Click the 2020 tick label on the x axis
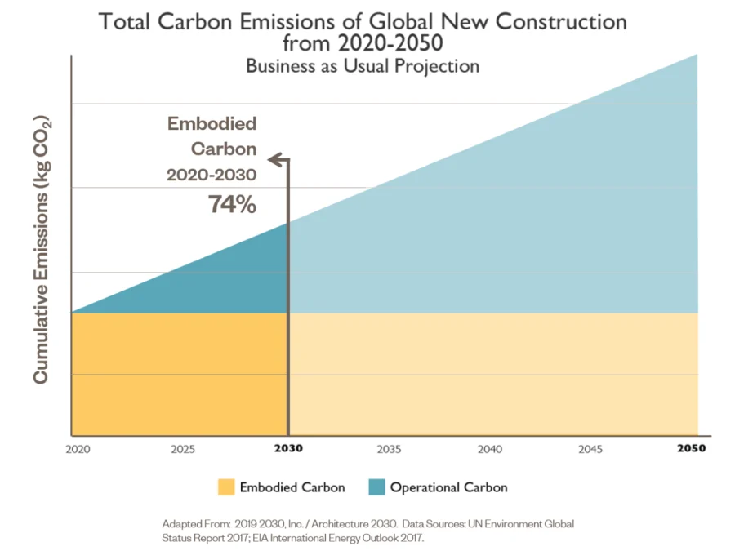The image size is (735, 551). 78,449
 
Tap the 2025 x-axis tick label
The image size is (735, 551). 183,449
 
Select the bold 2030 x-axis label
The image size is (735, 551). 288,449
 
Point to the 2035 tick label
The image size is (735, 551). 389,449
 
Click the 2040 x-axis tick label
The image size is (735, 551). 490,449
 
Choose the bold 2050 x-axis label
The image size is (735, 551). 692,449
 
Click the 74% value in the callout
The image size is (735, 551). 232,204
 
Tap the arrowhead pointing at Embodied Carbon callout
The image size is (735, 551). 275,158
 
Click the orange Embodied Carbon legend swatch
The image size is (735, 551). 225,487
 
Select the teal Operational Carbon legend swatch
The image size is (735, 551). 376,487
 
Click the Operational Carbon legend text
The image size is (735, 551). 448,487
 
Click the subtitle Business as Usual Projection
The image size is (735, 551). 363,66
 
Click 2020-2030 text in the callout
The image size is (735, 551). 212,176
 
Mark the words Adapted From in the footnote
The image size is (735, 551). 190,522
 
